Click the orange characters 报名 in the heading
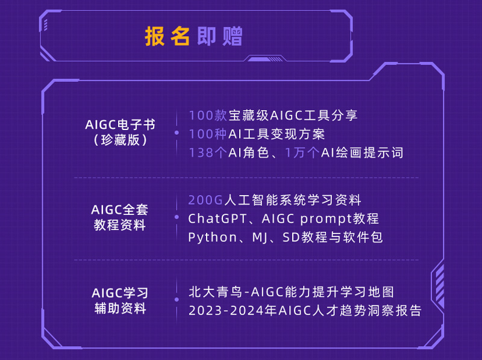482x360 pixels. [167, 36]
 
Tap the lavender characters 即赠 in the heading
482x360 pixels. [220, 36]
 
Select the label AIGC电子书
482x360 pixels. [120, 125]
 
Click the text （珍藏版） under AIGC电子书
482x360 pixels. [120, 140]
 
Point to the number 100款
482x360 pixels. [208, 115]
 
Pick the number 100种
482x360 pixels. [208, 134]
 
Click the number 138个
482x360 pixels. [208, 153]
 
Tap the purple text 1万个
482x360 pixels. [302, 153]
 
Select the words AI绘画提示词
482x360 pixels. [362, 153]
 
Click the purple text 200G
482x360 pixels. [205, 200]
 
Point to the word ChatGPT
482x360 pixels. [218, 219]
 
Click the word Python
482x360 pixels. [213, 237]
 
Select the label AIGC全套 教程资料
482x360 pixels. [120, 217]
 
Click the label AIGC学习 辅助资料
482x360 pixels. [120, 301]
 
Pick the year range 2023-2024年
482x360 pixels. [233, 311]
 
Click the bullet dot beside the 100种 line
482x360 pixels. [177, 132]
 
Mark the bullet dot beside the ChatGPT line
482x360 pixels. [177, 217]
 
